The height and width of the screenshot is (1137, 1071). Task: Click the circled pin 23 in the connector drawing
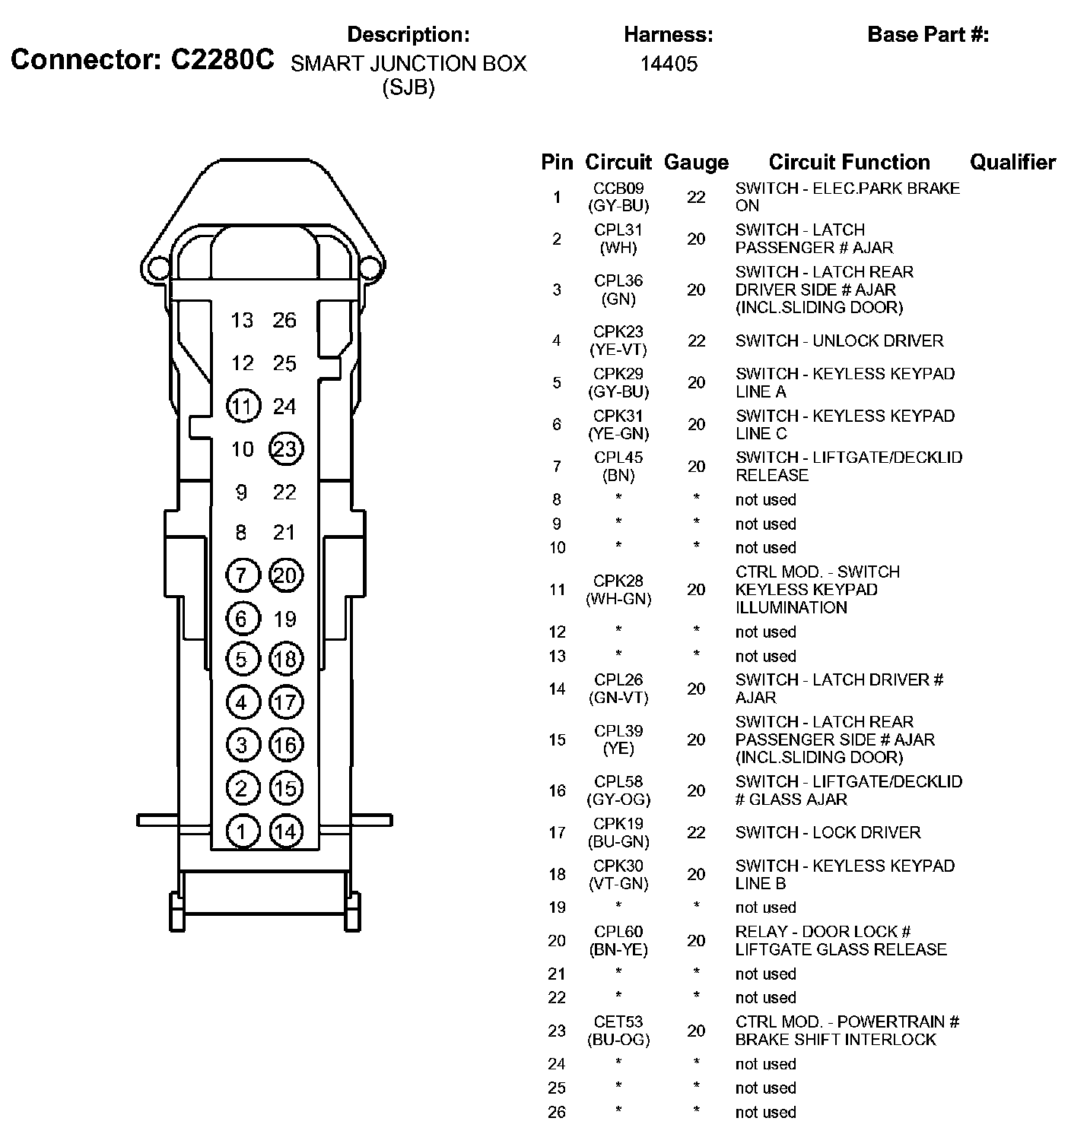coord(285,449)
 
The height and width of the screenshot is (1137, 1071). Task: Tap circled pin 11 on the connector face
coord(243,407)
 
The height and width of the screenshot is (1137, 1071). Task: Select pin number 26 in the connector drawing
coord(284,320)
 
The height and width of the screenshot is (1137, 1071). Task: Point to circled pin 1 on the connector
coord(242,831)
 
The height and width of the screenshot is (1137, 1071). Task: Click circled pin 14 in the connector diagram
coord(285,831)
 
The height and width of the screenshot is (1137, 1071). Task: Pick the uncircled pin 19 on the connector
coord(284,619)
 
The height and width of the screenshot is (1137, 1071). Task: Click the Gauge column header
coord(696,162)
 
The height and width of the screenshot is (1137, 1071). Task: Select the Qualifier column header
coord(1012,162)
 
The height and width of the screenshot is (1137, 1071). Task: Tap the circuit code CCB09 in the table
coord(618,188)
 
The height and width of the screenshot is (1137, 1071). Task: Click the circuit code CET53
coord(618,1022)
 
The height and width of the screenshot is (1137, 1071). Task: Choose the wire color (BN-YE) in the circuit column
coord(618,950)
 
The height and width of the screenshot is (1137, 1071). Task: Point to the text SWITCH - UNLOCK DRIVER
coord(839,340)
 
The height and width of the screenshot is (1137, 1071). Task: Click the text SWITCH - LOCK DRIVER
coord(828,832)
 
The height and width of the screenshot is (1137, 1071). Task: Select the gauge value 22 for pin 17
coord(696,832)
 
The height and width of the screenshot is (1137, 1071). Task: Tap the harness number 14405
coord(669,64)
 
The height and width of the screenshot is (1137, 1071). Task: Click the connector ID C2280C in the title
coord(222,60)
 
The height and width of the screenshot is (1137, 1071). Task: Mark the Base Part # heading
coord(928,34)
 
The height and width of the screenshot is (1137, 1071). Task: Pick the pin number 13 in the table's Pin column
coord(557,656)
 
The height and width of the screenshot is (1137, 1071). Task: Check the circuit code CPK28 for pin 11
coord(618,581)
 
